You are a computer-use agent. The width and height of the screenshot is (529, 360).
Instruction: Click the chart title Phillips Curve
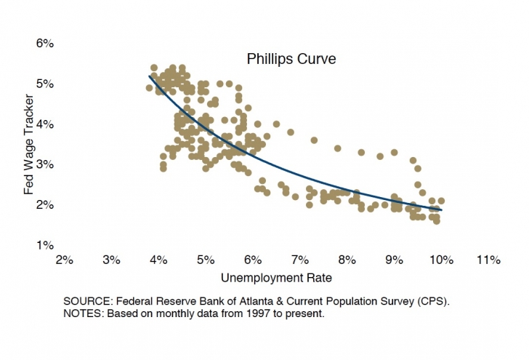tap(291, 59)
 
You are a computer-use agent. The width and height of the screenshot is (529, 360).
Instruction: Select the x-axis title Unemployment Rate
tap(271, 277)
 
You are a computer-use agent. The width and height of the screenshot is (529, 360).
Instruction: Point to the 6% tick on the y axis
tap(45, 44)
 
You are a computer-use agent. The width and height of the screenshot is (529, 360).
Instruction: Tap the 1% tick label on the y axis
tap(45, 245)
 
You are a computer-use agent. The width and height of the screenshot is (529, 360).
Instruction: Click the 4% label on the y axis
tap(45, 124)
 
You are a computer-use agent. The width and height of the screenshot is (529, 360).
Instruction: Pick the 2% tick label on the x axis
tap(64, 260)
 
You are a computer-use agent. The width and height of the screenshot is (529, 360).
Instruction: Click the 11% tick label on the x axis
tap(488, 260)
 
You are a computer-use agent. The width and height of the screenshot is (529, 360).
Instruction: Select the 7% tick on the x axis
tap(299, 260)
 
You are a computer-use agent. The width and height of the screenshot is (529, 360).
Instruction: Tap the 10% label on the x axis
tap(441, 260)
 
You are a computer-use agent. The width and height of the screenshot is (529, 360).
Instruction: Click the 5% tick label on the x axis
tap(206, 260)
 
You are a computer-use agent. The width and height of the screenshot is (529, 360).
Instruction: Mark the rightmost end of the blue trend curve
tap(440, 209)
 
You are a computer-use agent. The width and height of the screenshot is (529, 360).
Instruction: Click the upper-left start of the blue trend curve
tap(150, 76)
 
